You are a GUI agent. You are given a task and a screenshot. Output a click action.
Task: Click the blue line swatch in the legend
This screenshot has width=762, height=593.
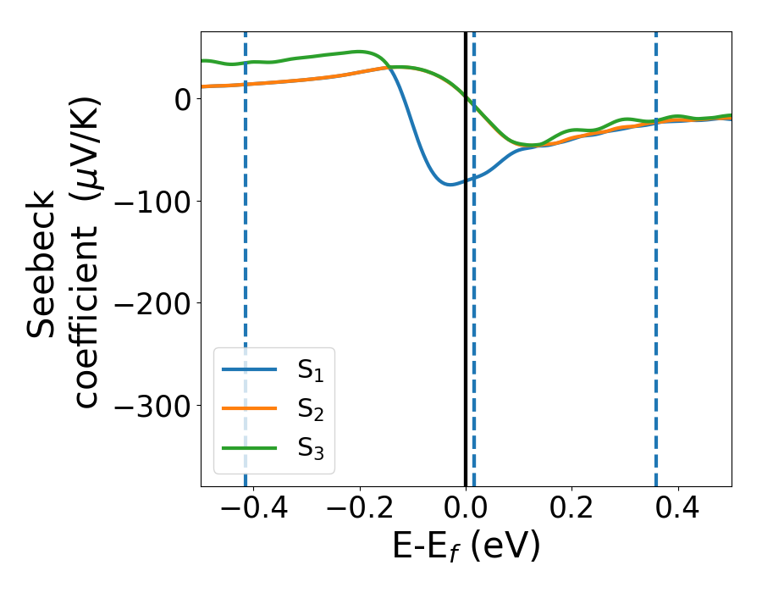click(x=250, y=369)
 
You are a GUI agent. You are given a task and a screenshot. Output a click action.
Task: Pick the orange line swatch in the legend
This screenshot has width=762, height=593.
click(x=250, y=408)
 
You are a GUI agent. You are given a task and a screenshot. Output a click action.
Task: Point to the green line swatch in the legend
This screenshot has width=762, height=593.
click(x=250, y=447)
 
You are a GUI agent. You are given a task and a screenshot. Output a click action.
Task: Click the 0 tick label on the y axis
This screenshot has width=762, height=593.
click(x=180, y=98)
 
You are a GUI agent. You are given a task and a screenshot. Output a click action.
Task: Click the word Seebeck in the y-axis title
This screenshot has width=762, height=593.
click(x=42, y=265)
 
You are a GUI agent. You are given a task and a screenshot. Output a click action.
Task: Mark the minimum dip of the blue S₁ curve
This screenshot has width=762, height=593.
click(x=450, y=184)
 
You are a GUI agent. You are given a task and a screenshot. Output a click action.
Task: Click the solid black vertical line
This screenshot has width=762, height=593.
click(x=466, y=296)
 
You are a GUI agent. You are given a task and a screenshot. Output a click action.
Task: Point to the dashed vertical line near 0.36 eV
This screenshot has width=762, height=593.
click(x=656, y=296)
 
